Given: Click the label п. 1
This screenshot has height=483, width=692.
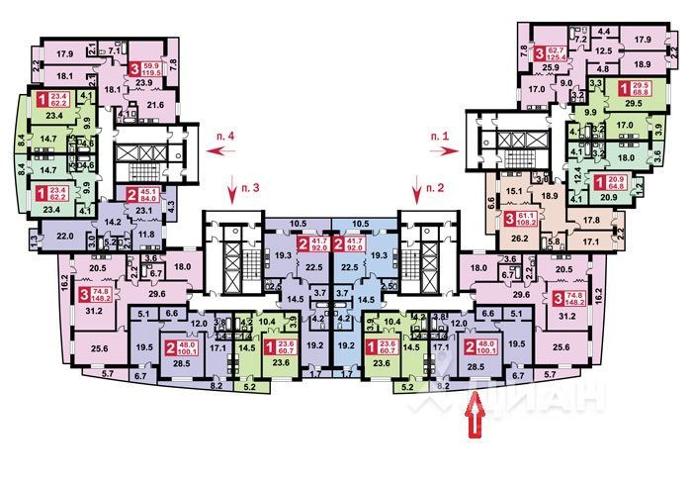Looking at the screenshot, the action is click(439, 134).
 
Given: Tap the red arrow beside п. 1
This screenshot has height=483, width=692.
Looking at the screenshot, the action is click(447, 150).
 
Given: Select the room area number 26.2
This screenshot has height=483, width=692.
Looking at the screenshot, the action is click(519, 238).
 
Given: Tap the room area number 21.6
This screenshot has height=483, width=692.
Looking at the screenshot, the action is click(154, 104).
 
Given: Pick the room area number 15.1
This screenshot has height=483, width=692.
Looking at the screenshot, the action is click(513, 191).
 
